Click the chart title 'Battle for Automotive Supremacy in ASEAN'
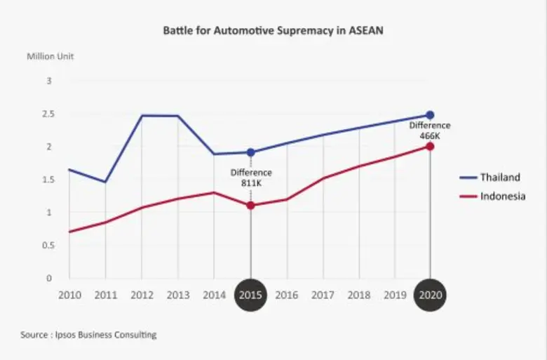[273, 31]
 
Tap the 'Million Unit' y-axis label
[50, 55]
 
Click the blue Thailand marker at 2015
[250, 152]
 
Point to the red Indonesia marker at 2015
[250, 206]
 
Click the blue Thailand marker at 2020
[430, 115]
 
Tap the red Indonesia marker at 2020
[430, 147]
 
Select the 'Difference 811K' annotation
[251, 178]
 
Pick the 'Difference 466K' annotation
[430, 131]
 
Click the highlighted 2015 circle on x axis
[250, 295]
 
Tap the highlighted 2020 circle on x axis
[430, 295]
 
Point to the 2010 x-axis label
[69, 295]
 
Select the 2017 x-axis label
[323, 295]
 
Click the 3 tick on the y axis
[49, 81]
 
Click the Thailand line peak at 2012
[142, 115]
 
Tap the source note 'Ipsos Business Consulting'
[88, 335]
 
